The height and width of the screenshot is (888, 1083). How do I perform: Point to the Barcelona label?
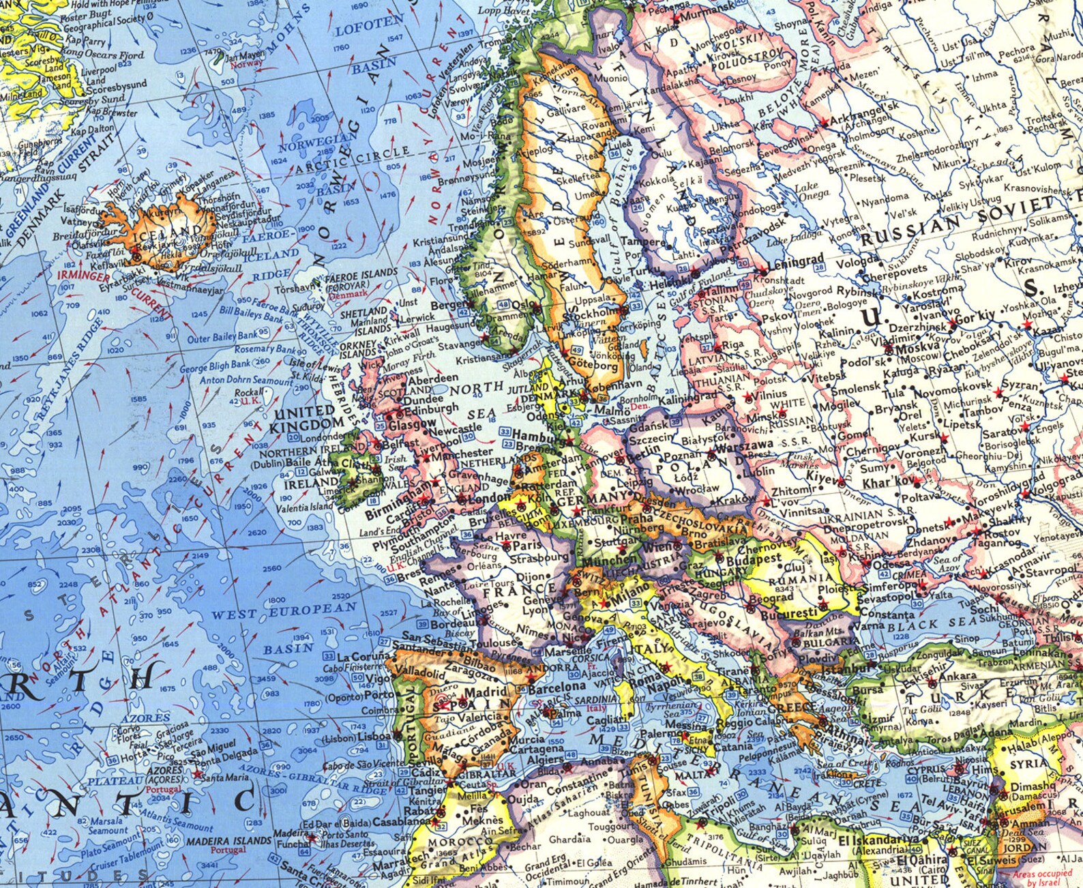coord(557,687)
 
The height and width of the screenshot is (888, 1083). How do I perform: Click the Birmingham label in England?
coord(398,494)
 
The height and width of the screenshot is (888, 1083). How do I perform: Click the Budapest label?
coord(754,558)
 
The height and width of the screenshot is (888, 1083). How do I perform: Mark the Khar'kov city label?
coord(886,483)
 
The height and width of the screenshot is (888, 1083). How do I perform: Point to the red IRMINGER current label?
coord(83,276)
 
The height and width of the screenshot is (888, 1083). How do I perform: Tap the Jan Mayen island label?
coord(244,55)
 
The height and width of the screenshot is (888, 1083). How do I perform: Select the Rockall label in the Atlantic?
coord(248,392)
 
